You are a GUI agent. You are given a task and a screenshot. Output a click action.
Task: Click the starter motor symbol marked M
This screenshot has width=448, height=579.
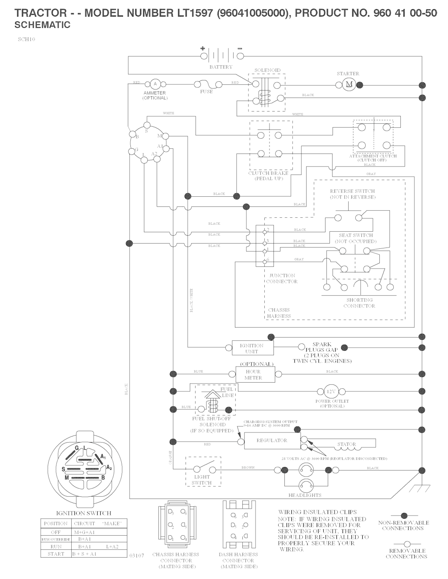coord(349,84)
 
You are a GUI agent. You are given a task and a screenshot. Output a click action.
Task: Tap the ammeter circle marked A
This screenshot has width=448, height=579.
coord(154,84)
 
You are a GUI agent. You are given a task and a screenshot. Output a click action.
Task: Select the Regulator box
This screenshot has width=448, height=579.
coord(272,440)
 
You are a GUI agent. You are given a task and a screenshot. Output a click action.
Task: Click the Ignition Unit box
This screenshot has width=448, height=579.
coord(252,348)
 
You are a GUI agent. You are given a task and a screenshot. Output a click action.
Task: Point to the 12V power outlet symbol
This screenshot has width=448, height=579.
coord(331,391)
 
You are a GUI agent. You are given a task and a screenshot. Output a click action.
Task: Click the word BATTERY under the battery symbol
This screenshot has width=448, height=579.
coord(221,67)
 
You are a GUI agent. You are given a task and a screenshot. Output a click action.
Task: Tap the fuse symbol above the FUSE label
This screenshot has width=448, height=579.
coord(206,84)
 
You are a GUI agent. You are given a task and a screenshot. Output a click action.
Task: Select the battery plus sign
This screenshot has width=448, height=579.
coord(203,49)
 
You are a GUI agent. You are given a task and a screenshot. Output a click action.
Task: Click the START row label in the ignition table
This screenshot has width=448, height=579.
coord(56,554)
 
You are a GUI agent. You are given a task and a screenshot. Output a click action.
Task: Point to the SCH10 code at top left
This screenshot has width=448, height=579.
coord(26,39)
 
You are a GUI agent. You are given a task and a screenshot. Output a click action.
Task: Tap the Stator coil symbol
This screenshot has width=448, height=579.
coord(346,445)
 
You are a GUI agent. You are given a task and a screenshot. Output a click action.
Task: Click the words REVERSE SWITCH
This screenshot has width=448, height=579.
coord(352,191)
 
